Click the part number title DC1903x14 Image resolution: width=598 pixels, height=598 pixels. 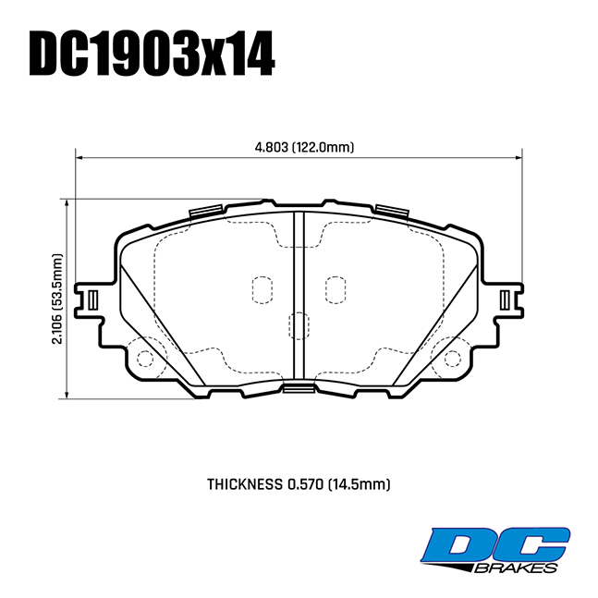[x=153, y=55]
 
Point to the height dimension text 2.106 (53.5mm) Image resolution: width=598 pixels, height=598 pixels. [x=57, y=299]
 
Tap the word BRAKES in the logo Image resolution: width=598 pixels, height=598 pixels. [x=518, y=567]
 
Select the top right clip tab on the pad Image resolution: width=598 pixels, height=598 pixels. [x=391, y=211]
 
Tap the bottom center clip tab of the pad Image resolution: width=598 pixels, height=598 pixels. [x=298, y=386]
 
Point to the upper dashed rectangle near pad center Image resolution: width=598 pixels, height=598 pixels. [x=262, y=288]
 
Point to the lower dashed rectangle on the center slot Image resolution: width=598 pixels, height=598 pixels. [x=299, y=325]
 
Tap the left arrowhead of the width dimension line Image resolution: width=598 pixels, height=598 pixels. [x=80, y=157]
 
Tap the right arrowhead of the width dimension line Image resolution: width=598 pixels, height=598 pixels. [x=518, y=157]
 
